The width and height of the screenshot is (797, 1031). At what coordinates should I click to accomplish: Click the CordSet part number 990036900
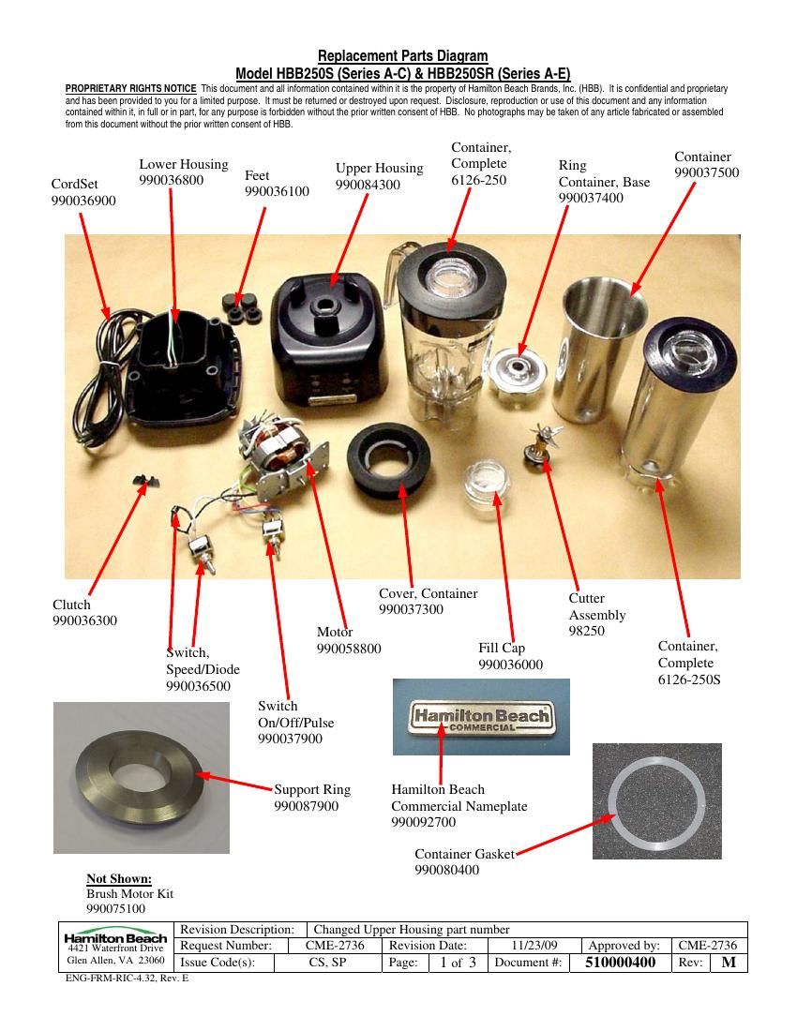tap(83, 201)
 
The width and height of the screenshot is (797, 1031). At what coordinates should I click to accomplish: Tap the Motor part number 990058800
tap(349, 649)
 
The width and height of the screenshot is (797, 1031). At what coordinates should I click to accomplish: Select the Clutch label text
tap(71, 605)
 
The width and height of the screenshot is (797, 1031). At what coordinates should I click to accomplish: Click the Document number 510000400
tap(620, 963)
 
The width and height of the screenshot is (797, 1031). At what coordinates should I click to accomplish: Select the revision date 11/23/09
tap(534, 946)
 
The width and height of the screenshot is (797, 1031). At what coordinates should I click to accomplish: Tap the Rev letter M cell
tap(729, 963)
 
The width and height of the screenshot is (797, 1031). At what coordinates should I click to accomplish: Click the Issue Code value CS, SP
tap(327, 963)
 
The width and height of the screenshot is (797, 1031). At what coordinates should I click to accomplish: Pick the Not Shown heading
tap(119, 879)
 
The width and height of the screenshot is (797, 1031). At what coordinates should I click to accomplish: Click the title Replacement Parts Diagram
tap(403, 56)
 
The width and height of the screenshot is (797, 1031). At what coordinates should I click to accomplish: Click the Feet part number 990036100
tap(277, 191)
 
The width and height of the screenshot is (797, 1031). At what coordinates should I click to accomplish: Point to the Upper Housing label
tap(380, 169)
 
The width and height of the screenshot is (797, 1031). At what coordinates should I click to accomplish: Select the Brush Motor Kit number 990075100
tap(115, 909)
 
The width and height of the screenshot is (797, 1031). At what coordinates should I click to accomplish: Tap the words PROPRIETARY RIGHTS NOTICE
tap(131, 88)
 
